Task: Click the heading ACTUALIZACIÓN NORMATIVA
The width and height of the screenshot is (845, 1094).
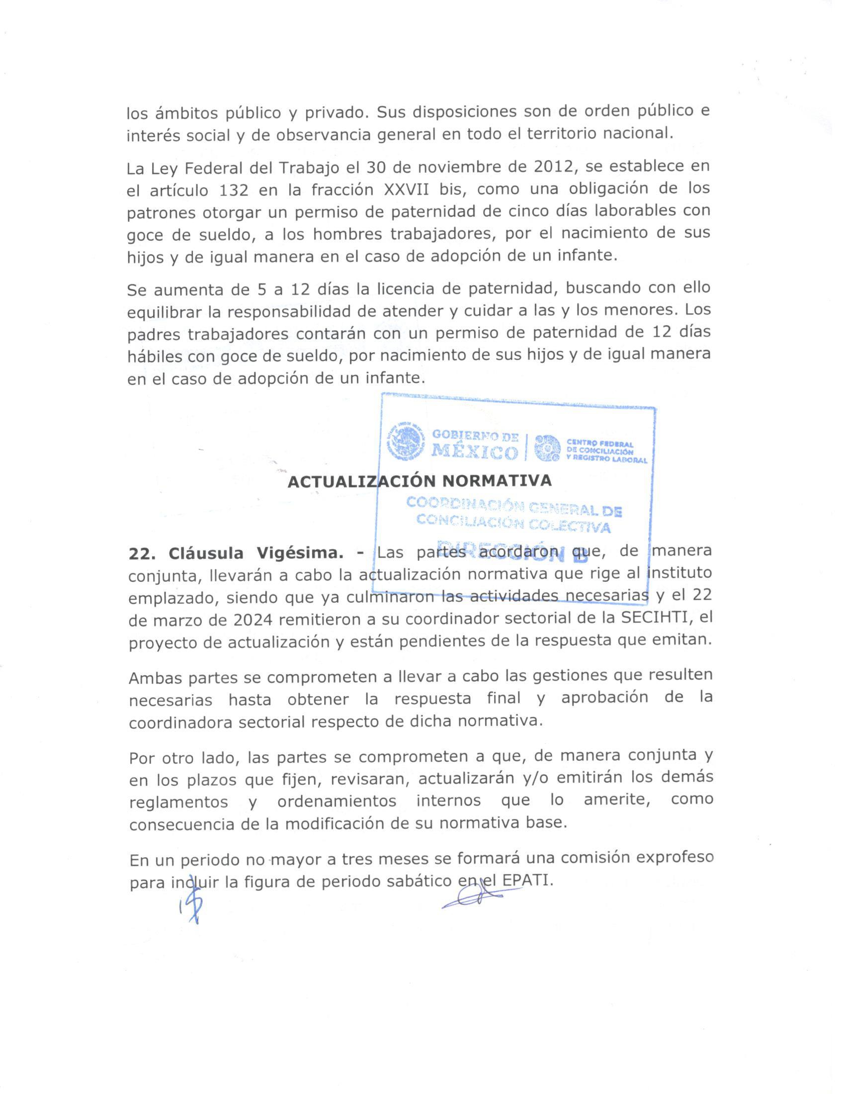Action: tap(420, 481)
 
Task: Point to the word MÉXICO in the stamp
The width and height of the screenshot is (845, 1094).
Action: tap(474, 453)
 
